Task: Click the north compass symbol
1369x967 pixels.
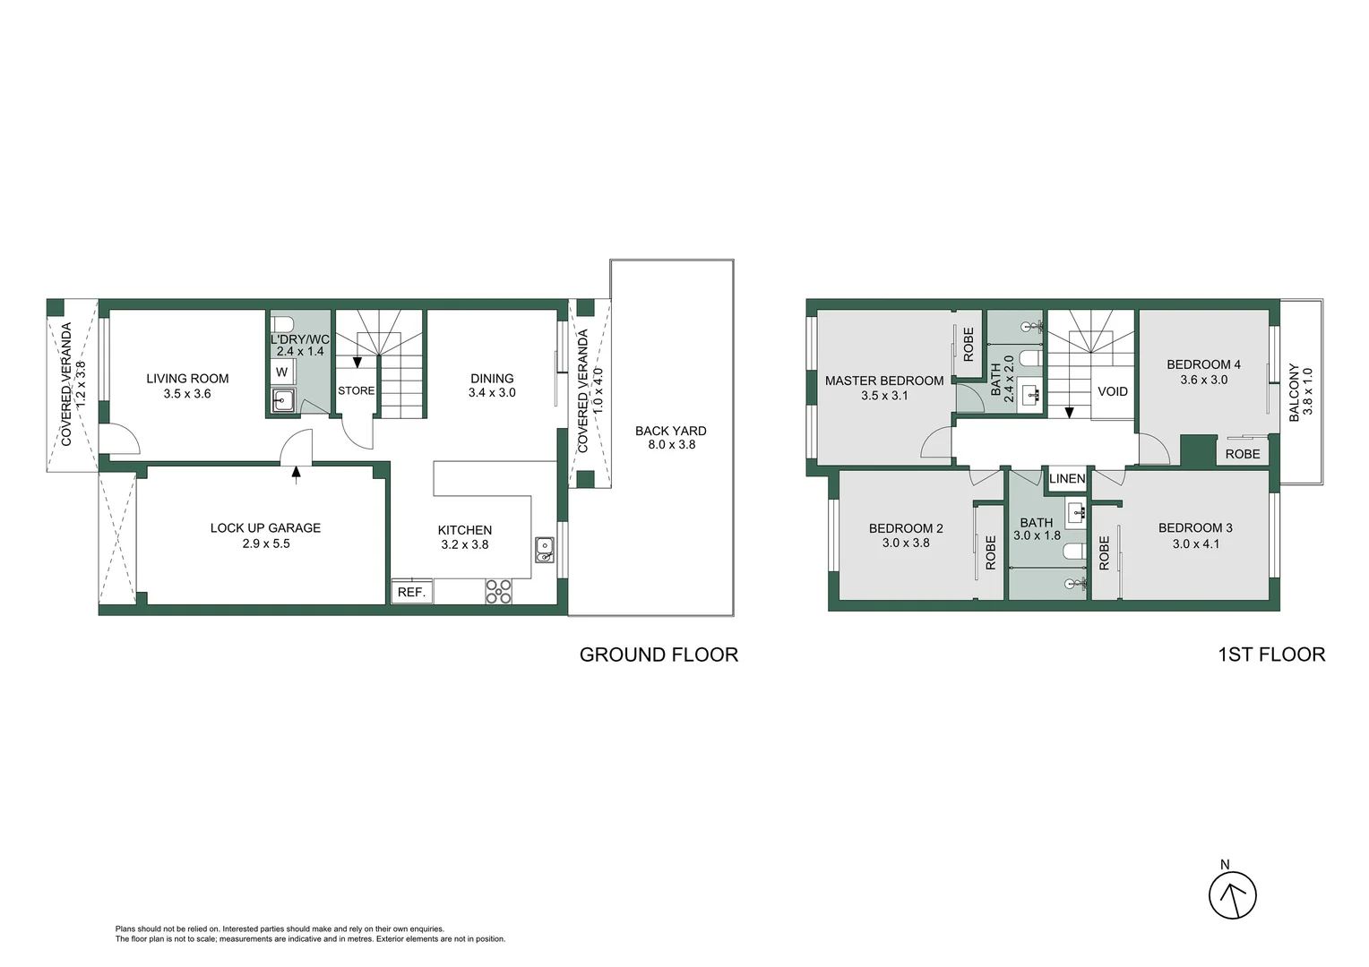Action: [1233, 894]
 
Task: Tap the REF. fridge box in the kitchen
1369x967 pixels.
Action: [411, 592]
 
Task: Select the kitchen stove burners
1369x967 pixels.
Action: [499, 591]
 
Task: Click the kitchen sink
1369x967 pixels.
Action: [544, 549]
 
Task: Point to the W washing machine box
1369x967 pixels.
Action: [281, 372]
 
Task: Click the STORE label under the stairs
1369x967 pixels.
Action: [356, 390]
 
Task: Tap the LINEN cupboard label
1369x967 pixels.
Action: [1066, 478]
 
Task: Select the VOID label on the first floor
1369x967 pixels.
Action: [1112, 391]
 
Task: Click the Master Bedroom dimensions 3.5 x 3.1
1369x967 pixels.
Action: [884, 396]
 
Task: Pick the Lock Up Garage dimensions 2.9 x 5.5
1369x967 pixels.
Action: [265, 543]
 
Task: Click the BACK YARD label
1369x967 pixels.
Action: [670, 431]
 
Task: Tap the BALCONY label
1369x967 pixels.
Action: [1294, 392]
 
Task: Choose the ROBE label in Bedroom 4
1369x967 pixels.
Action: [1242, 454]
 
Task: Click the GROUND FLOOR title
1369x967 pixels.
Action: [659, 655]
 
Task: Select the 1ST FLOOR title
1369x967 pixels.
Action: [1271, 655]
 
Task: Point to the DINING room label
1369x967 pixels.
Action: [492, 378]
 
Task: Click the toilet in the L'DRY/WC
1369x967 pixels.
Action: [282, 323]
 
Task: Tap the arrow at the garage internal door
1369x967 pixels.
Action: [297, 473]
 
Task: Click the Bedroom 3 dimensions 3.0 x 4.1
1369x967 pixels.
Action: [1195, 543]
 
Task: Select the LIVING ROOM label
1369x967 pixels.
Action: [187, 379]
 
